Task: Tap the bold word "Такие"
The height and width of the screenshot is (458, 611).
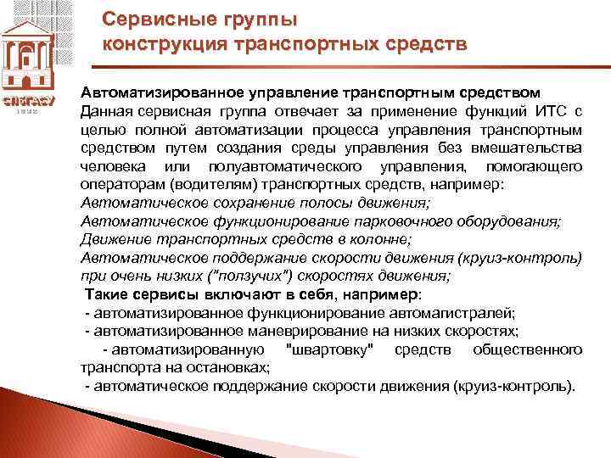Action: (x=110, y=294)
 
